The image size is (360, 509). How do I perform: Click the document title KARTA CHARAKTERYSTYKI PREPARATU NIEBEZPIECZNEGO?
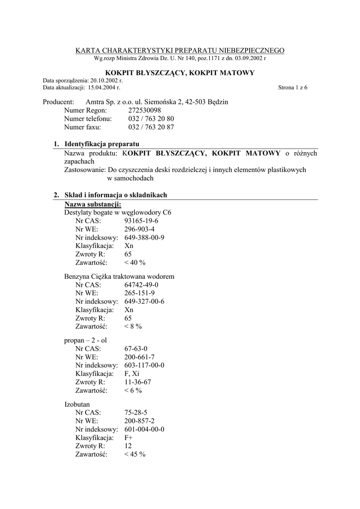pos(180,50)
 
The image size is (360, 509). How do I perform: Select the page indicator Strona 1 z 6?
pos(292,87)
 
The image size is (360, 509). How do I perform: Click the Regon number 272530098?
pos(145,110)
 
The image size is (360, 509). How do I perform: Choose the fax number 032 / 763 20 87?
pos(151,127)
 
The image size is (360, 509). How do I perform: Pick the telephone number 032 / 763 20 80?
pos(151,119)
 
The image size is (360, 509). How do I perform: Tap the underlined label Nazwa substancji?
pos(92,204)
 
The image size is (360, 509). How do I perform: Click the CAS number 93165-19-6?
pos(141,221)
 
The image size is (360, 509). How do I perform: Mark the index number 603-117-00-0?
pos(144,365)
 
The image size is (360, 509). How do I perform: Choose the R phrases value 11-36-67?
pos(138,382)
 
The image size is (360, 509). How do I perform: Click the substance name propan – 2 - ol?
pos(86,340)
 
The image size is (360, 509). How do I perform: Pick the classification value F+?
pos(129,437)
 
